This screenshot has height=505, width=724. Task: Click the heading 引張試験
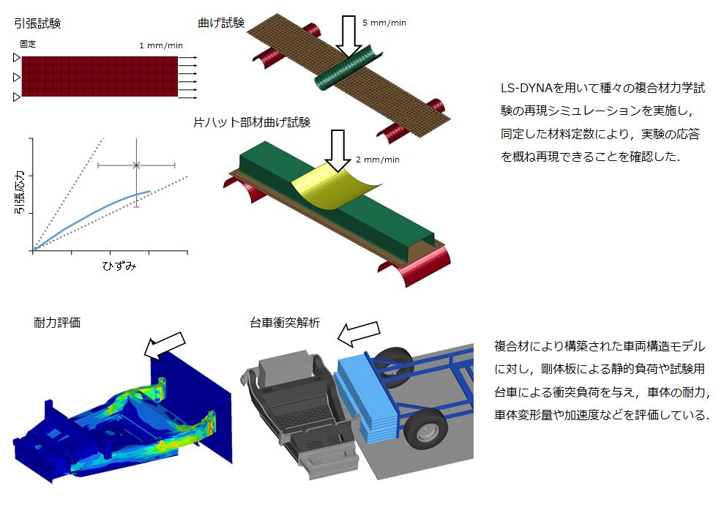click(37, 23)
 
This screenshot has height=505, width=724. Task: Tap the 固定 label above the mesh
click(28, 44)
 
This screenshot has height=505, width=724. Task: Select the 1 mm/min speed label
click(161, 45)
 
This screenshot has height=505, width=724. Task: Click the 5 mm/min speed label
click(384, 23)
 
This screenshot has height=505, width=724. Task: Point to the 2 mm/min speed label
click(376, 160)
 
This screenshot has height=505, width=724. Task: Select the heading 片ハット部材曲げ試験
click(252, 122)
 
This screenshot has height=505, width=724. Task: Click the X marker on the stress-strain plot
click(136, 165)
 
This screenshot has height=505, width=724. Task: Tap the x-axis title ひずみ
click(119, 266)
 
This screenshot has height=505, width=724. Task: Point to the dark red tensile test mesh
click(99, 77)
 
